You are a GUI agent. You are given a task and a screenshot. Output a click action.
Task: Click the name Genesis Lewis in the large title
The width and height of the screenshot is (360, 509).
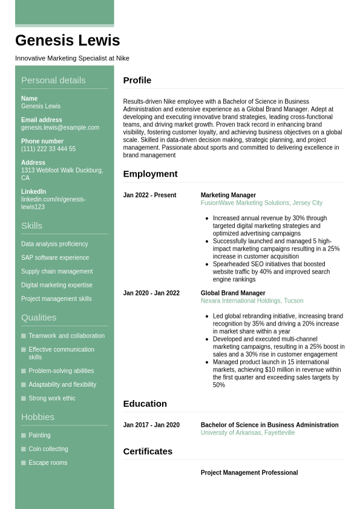click(67, 41)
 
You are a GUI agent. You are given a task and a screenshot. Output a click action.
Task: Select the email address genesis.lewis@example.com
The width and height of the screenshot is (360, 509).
click(60, 128)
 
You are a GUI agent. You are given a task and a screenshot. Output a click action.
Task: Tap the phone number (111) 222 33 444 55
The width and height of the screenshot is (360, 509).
click(48, 149)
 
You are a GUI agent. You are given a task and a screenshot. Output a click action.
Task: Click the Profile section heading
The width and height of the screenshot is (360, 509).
click(137, 80)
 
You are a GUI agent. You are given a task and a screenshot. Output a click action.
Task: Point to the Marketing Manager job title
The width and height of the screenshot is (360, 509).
click(228, 195)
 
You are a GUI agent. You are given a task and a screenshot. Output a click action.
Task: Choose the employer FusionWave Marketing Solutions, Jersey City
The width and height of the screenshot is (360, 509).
click(261, 203)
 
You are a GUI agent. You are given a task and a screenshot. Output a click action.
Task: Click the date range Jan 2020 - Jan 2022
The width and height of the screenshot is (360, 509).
click(151, 294)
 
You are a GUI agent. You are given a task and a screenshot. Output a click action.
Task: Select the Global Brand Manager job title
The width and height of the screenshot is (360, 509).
click(233, 294)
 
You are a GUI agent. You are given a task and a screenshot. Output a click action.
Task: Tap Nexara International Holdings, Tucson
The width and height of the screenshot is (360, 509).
click(252, 301)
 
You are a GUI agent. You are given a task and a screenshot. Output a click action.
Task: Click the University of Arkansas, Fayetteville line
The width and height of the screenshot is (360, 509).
click(247, 433)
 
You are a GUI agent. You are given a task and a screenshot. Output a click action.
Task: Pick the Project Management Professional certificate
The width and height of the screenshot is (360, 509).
click(249, 473)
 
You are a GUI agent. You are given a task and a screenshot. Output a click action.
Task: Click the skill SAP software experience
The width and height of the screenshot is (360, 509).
click(55, 258)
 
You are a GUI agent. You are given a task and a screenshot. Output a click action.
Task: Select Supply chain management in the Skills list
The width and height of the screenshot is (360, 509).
click(57, 272)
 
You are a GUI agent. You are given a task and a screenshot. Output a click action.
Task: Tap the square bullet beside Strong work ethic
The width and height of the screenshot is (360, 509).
click(24, 398)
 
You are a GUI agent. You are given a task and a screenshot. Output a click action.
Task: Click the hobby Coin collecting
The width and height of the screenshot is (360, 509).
click(48, 449)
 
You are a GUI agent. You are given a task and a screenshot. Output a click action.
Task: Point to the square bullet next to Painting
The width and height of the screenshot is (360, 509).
click(24, 435)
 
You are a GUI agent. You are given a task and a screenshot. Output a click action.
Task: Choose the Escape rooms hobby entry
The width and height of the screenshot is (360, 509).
click(48, 463)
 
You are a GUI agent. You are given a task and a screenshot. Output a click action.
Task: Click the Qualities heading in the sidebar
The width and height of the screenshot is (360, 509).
click(39, 318)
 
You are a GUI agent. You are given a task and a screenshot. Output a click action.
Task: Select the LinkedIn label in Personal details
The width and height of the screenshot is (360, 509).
click(33, 192)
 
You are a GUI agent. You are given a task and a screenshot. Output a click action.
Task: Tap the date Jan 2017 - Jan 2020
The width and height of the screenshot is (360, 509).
click(151, 425)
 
